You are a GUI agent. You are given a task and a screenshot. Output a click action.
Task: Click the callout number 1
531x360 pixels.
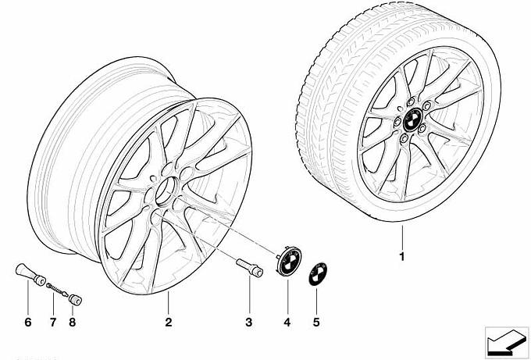pyautogui.click(x=402, y=257)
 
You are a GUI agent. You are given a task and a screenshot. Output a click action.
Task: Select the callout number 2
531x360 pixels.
pyautogui.click(x=169, y=322)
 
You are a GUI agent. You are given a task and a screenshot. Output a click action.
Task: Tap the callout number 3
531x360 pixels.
pyautogui.click(x=249, y=322)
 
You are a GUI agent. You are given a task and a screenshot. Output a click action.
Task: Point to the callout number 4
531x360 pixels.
pyautogui.click(x=287, y=322)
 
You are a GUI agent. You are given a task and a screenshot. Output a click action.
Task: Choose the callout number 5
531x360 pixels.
pyautogui.click(x=316, y=322)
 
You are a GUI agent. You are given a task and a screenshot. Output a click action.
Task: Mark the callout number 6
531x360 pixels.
pyautogui.click(x=28, y=322)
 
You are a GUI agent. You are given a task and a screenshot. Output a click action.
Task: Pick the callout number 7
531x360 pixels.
pyautogui.click(x=53, y=322)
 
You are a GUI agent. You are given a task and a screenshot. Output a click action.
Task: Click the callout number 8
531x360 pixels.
pyautogui.click(x=72, y=322)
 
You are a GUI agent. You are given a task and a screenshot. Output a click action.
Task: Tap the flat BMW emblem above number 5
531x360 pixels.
pyautogui.click(x=317, y=273)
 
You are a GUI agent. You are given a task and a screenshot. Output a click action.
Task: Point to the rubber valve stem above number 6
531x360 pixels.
pyautogui.click(x=30, y=274)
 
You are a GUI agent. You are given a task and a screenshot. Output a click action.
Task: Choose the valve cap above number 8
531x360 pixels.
pyautogui.click(x=76, y=300)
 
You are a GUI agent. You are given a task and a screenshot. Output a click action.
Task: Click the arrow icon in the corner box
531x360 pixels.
pyautogui.click(x=507, y=341)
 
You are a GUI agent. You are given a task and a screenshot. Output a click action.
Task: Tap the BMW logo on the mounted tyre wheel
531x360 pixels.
pyautogui.click(x=413, y=120)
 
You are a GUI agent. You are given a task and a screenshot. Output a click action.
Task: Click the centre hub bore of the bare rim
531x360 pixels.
pyautogui.click(x=167, y=191)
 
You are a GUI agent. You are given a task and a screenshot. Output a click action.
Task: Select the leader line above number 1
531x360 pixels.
pyautogui.click(x=402, y=237)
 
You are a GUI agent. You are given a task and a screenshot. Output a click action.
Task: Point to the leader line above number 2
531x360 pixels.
pyautogui.click(x=169, y=303)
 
